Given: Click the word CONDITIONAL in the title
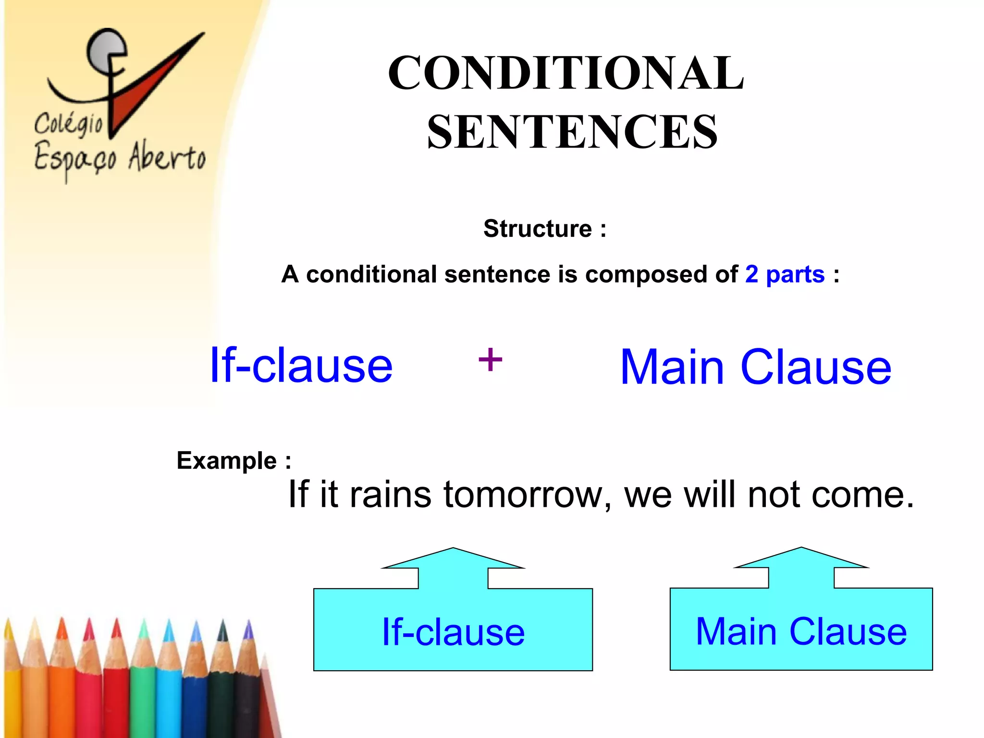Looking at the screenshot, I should [566, 73].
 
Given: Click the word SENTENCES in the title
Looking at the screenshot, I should [572, 132].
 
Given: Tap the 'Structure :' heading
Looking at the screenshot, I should [544, 229].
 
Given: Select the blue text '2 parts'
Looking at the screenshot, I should [785, 275].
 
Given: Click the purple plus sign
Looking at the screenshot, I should [490, 360].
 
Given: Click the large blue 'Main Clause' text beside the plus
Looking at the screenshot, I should [755, 368].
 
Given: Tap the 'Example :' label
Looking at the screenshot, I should [234, 461].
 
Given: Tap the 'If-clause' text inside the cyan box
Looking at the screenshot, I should [453, 632].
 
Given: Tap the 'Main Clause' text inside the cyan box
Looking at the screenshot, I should [801, 631].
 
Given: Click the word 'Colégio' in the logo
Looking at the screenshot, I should [69, 124].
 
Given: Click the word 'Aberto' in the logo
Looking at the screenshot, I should [167, 156].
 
